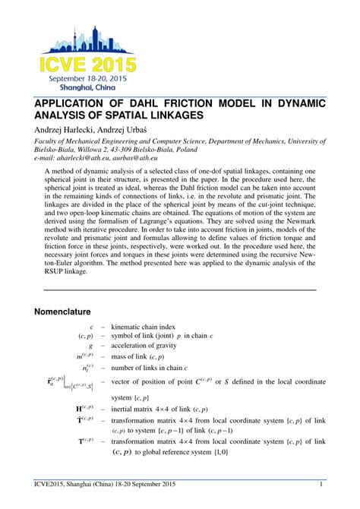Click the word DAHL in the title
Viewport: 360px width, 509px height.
coord(158,103)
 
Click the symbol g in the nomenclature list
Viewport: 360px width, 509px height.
coord(91,344)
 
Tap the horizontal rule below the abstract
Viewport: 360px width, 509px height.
coord(179,289)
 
